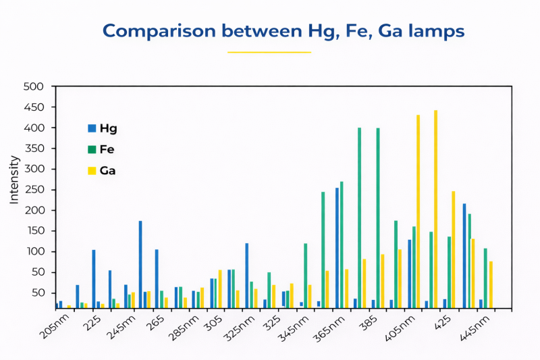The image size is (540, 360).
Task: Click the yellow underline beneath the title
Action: (269, 52)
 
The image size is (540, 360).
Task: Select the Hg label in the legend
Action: (108, 128)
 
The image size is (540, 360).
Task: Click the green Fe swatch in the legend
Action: (92, 149)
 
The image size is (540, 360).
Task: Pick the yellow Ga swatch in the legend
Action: (92, 171)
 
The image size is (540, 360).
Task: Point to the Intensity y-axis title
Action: (14, 179)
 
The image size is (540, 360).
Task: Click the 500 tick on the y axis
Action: (34, 87)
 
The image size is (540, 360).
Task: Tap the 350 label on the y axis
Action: (34, 149)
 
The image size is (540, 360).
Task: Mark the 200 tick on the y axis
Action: (34, 211)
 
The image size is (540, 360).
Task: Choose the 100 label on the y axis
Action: (34, 252)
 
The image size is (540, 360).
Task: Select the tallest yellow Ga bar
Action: (436, 209)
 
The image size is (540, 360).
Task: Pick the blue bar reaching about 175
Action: (140, 264)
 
